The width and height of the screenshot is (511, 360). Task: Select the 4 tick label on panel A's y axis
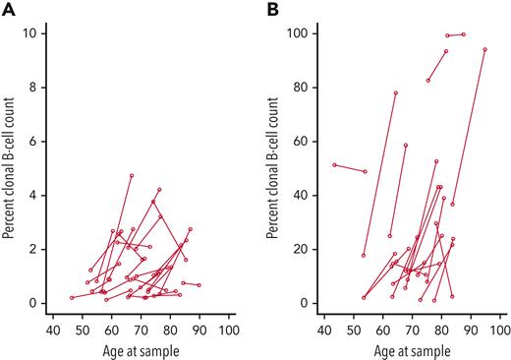34,195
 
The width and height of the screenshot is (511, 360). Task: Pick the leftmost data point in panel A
71,297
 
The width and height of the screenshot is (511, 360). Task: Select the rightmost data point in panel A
199,285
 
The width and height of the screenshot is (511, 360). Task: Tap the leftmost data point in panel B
334,165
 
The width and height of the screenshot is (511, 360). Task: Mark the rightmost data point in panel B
485,49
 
